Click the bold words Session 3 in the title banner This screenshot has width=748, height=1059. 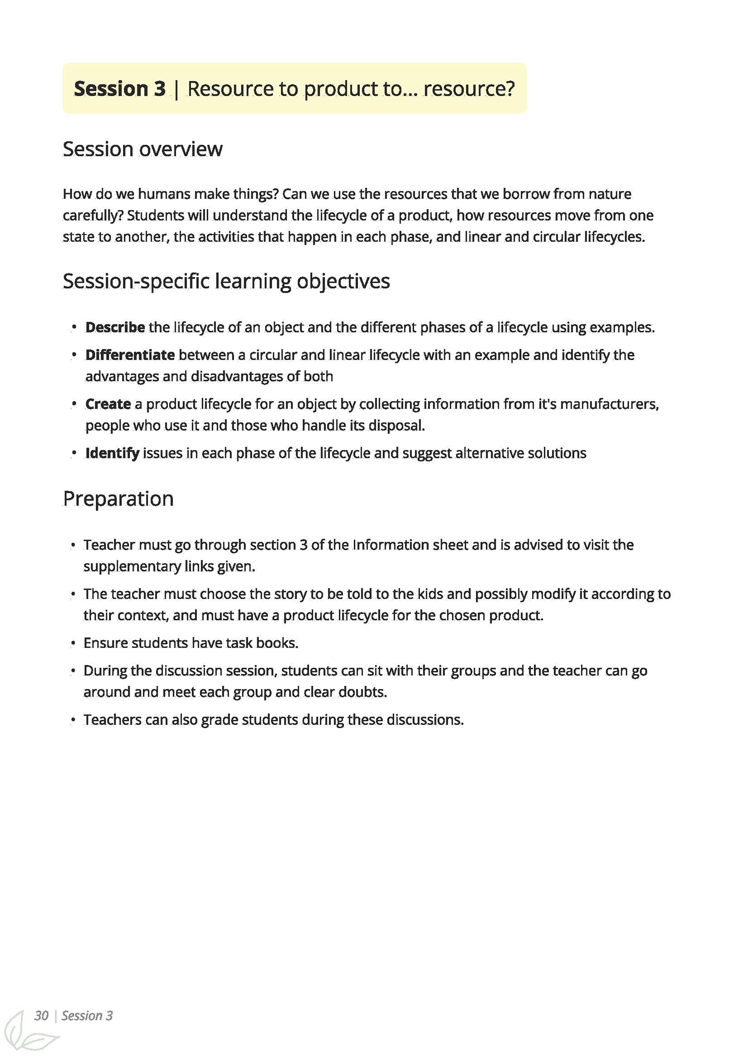[x=119, y=89]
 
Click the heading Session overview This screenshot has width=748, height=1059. [x=143, y=149]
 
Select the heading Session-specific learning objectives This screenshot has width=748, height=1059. [x=226, y=281]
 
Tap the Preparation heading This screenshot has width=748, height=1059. [x=118, y=499]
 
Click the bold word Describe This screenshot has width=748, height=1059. [x=115, y=328]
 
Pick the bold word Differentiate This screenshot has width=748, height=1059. [x=130, y=355]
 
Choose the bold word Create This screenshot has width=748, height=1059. [x=108, y=404]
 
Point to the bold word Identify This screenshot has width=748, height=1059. [x=112, y=453]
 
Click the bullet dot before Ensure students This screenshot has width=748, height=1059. [x=73, y=643]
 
